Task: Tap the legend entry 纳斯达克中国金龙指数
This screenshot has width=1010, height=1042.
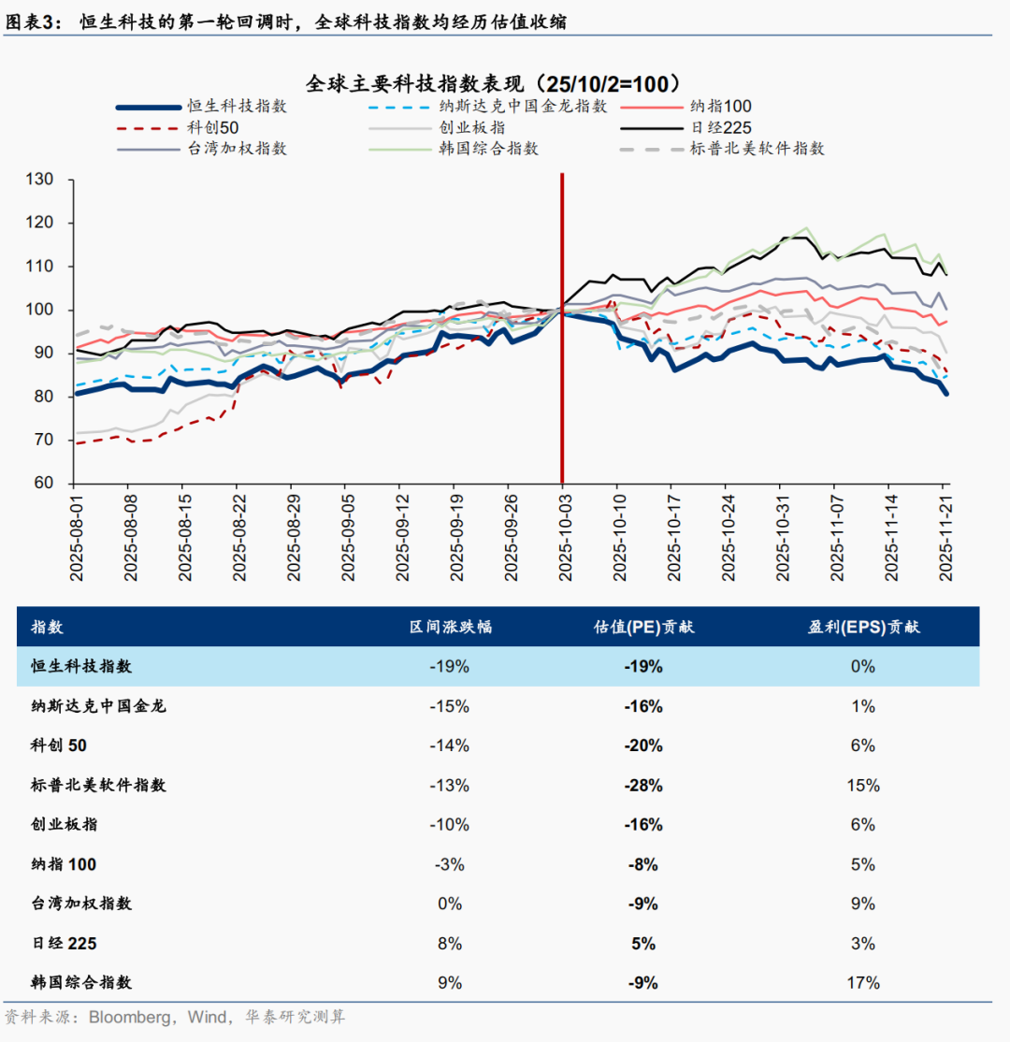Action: click(523, 107)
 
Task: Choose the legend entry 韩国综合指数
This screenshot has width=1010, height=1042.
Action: click(489, 148)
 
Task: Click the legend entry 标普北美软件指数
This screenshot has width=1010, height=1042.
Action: click(757, 148)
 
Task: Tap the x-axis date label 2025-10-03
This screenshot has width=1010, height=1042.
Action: click(562, 538)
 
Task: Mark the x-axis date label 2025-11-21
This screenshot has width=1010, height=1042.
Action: click(945, 538)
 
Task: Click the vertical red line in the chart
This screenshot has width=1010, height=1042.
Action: click(562, 374)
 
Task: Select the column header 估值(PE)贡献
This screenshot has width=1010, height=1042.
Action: click(643, 627)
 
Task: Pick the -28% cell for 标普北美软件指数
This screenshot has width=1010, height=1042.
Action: click(643, 785)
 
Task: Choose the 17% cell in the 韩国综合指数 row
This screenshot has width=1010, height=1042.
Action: click(863, 982)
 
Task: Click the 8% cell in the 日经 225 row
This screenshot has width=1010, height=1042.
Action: click(450, 943)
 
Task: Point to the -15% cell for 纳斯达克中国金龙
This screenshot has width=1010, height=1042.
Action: click(450, 706)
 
